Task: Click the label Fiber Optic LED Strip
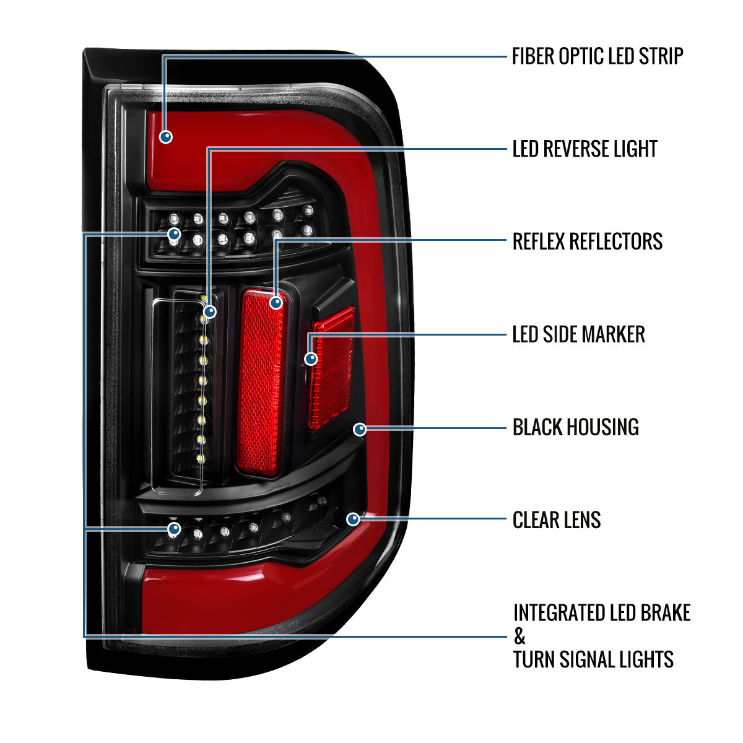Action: (x=597, y=56)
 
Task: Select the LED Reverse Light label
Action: (x=584, y=149)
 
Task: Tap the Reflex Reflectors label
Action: (x=587, y=241)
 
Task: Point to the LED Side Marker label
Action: (x=578, y=334)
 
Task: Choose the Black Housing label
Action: (x=575, y=427)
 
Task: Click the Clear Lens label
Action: (x=556, y=520)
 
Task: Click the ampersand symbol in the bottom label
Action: (x=519, y=636)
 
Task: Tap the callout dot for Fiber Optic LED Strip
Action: (x=165, y=136)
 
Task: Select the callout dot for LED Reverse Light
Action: (x=210, y=311)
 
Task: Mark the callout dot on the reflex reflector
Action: (x=276, y=302)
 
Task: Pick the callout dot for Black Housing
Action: (x=360, y=428)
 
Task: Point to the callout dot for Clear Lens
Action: (x=353, y=519)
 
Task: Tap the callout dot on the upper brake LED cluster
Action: (x=174, y=234)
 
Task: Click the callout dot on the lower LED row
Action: (x=174, y=529)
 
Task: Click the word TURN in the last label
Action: (x=534, y=659)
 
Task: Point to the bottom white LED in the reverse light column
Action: (x=201, y=459)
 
